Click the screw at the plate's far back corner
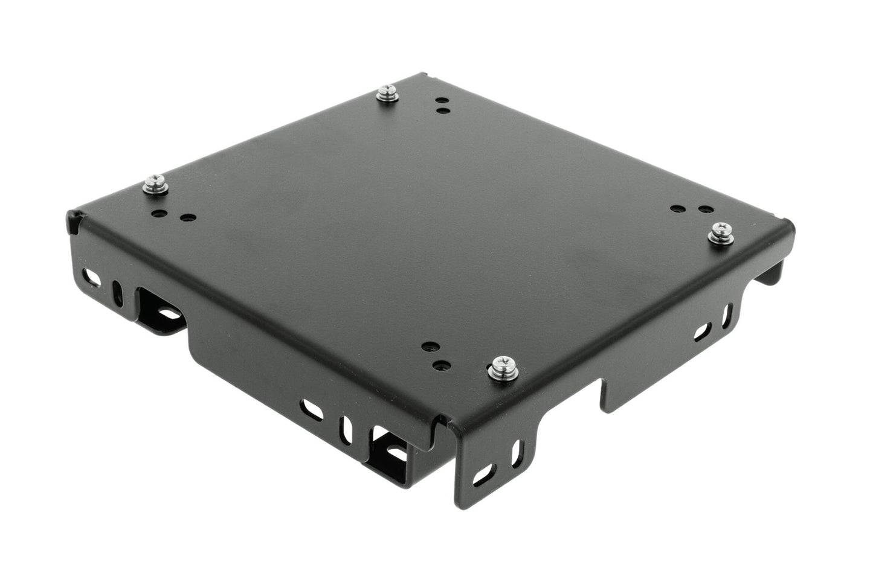click(x=385, y=94)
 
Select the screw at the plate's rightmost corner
click(x=722, y=231)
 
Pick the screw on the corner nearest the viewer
click(x=500, y=366)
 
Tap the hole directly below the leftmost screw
click(x=159, y=213)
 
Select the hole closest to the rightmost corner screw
click(x=704, y=209)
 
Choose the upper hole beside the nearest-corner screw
click(x=430, y=348)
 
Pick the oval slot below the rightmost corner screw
click(x=702, y=330)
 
